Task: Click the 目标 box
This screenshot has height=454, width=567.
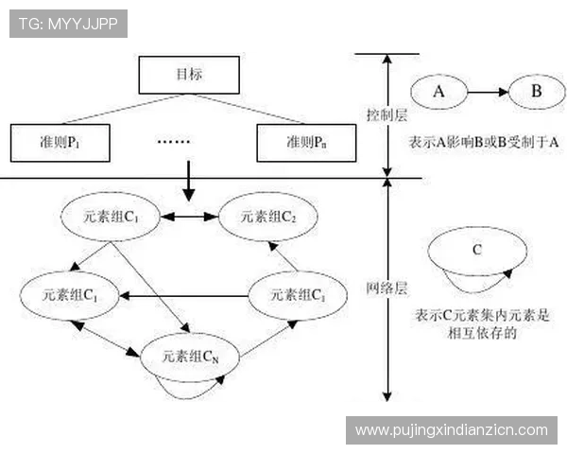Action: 188,73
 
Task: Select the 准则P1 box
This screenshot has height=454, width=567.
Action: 57,142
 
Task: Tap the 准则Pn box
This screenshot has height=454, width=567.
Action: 303,142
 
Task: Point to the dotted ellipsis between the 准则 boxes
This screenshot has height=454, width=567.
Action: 173,142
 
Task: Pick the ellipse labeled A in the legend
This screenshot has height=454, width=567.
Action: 438,94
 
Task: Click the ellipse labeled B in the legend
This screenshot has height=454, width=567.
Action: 536,94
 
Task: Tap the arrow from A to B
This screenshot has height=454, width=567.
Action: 486,94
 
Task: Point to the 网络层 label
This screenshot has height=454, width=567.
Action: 386,288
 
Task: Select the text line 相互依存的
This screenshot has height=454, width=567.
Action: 481,332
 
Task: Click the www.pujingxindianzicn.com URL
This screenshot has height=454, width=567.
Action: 451,430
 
